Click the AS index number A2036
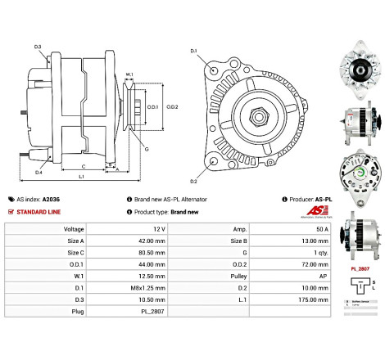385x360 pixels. tap(52, 199)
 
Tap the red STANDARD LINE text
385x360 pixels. tap(42, 211)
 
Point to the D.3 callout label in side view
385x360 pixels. tap(38, 47)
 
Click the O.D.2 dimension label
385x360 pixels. tap(173, 106)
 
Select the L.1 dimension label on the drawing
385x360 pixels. tap(82, 177)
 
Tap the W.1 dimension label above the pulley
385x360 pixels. tap(129, 75)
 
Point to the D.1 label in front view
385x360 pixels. tap(194, 52)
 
